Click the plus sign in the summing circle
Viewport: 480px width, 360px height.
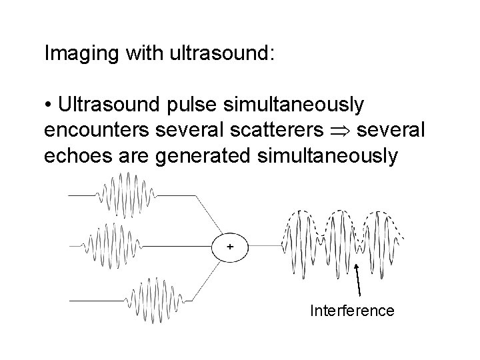229,247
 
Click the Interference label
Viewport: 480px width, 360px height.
352,311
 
